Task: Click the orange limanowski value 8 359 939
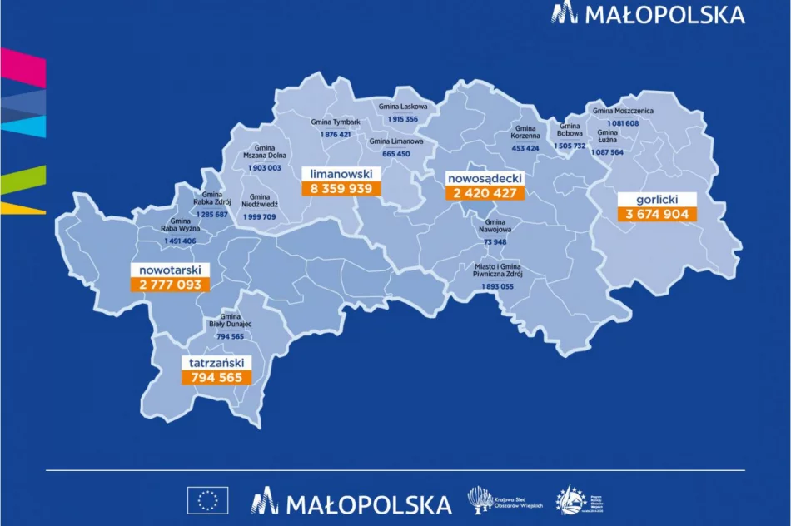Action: click(341, 188)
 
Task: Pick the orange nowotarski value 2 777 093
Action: click(171, 284)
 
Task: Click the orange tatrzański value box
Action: click(216, 377)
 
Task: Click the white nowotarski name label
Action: click(171, 270)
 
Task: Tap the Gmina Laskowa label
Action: click(403, 107)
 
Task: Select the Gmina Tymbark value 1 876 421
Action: click(336, 135)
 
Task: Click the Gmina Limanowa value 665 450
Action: click(396, 154)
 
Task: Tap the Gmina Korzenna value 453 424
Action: click(525, 148)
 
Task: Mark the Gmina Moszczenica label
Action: click(623, 111)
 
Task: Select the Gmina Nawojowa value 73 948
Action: click(495, 242)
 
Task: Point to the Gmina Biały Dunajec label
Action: click(230, 320)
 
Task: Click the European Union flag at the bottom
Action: click(208, 501)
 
